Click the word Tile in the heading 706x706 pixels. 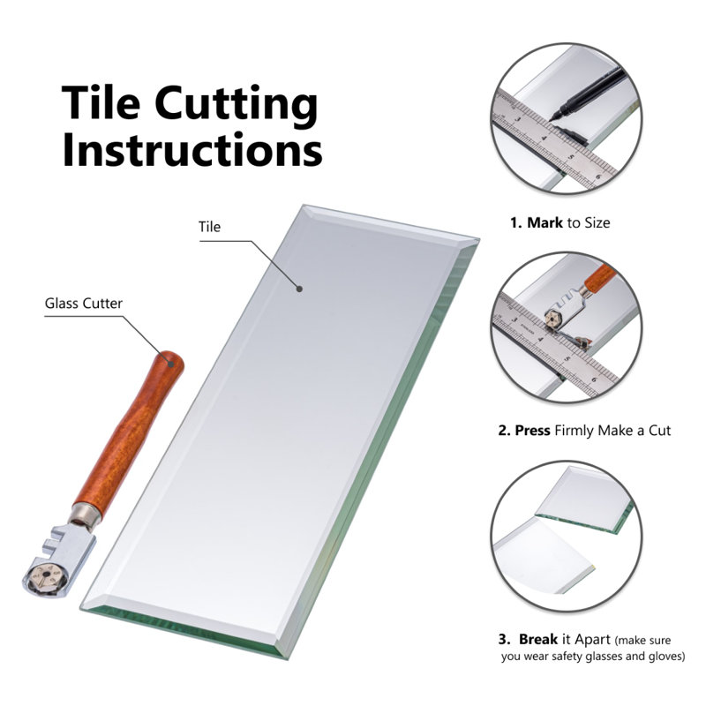tap(101, 102)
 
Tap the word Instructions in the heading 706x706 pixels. tap(192, 150)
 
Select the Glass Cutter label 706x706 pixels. tap(84, 304)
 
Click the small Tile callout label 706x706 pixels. tap(210, 227)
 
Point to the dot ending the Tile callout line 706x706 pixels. tap(299, 289)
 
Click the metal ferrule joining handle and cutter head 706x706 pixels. tap(86, 514)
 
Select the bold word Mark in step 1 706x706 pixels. tap(545, 222)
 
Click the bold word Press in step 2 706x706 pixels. tap(533, 431)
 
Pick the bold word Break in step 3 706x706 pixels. tap(538, 639)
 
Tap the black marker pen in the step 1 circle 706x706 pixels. tap(588, 94)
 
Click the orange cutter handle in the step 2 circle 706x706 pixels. tap(599, 276)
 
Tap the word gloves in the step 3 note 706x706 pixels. tap(666, 656)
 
